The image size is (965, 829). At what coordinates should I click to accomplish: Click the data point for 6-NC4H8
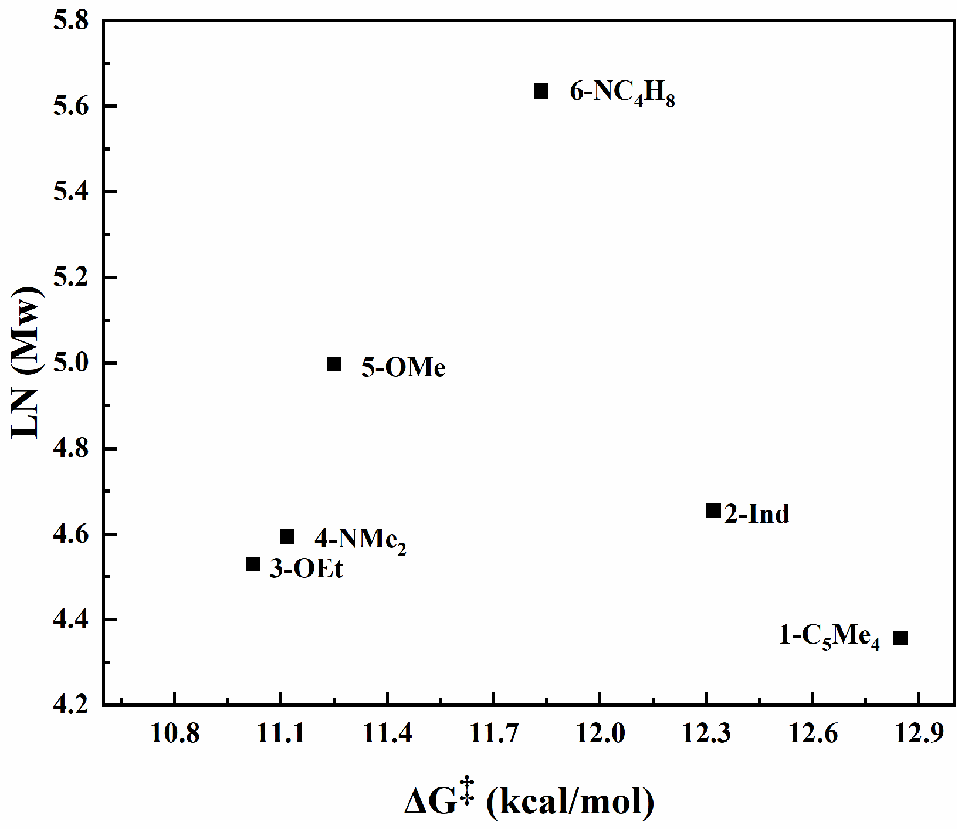(541, 91)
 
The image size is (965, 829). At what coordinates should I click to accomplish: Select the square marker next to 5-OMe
(334, 364)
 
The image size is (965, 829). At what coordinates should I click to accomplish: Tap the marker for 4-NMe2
(287, 536)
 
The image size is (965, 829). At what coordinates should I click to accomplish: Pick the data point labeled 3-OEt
(253, 564)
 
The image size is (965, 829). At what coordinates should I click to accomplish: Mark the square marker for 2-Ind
(713, 510)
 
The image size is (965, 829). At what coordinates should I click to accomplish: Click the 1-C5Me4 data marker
(900, 638)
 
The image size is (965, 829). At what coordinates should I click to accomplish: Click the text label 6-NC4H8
(622, 93)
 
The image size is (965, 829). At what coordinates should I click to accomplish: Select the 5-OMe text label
(403, 368)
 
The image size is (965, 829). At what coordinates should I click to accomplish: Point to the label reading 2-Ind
(757, 514)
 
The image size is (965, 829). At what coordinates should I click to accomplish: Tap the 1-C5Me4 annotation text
(829, 637)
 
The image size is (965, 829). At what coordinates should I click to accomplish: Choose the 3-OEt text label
(306, 569)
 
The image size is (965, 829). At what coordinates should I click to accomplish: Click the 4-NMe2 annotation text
(360, 540)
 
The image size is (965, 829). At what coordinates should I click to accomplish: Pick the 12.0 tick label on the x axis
(600, 733)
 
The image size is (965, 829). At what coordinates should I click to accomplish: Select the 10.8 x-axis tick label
(175, 733)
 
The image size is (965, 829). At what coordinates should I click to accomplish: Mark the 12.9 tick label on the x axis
(918, 733)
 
